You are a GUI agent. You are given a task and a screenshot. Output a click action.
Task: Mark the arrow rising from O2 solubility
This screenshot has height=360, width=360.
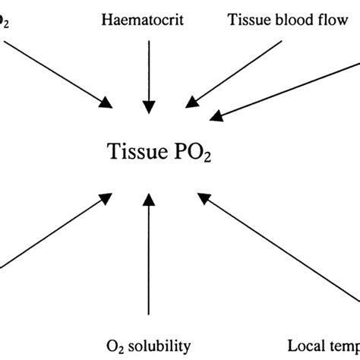[x=148, y=258]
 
